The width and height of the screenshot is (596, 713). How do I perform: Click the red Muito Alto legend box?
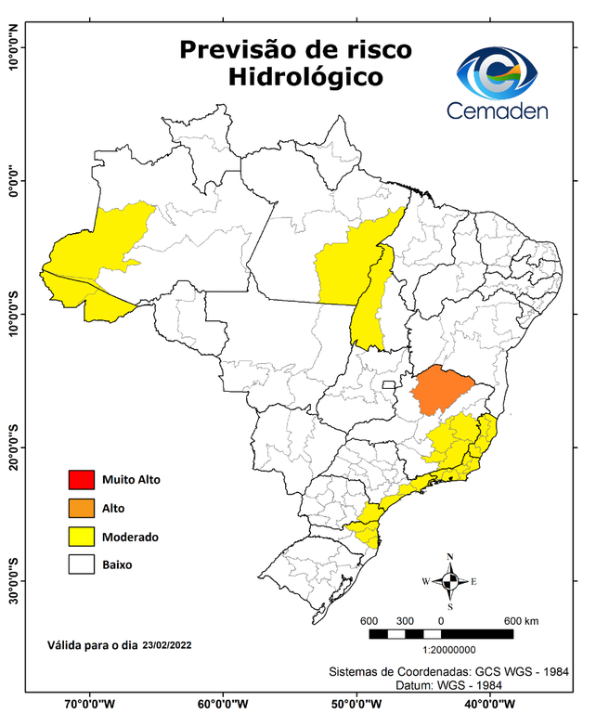[80, 480]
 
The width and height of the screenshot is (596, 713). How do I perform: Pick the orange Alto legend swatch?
[80, 508]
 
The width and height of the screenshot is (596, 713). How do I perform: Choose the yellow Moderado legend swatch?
[80, 536]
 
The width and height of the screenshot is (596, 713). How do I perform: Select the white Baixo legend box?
[80, 564]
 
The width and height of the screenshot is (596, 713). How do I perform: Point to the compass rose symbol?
[449, 582]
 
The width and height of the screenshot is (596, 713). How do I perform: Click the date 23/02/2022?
[168, 644]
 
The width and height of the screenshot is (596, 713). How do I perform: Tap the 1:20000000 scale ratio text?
[450, 651]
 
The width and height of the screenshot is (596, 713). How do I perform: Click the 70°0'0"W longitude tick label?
[90, 703]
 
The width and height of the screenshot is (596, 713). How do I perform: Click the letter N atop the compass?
[450, 557]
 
